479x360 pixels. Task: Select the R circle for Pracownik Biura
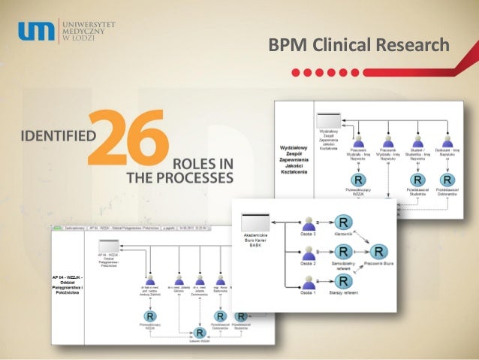[380, 252]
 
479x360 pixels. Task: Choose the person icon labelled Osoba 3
[306, 225]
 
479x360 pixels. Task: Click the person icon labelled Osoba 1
[306, 283]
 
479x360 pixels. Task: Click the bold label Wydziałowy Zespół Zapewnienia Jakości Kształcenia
[294, 154]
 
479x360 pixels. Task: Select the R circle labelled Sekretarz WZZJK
[199, 332]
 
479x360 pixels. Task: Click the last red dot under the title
[353, 73]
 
